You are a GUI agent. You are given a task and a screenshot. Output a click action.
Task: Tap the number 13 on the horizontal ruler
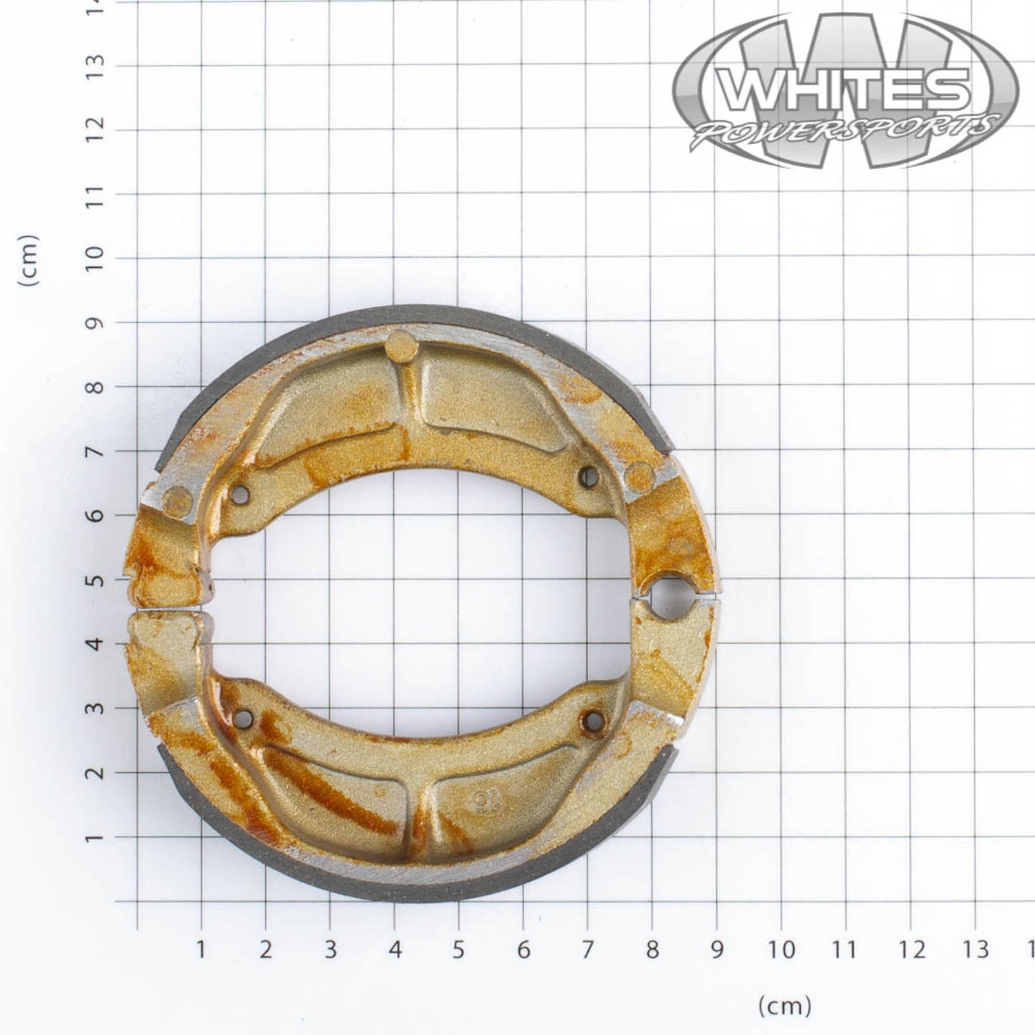[x=976, y=950]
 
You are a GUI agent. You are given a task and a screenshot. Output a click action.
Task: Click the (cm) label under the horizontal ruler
[x=784, y=1006]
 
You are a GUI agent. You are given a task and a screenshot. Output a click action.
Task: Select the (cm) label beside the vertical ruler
[x=30, y=261]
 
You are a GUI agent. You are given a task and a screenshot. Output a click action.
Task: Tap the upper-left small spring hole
[x=241, y=494]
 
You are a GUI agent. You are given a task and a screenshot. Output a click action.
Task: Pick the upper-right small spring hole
[x=589, y=476]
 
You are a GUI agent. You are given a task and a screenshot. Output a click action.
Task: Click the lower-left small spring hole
[x=244, y=718]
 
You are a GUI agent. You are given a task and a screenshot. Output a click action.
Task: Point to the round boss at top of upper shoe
[x=401, y=347]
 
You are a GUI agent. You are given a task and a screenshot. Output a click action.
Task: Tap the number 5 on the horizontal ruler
[x=459, y=950]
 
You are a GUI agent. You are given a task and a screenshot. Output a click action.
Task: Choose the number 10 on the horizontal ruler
[x=783, y=950]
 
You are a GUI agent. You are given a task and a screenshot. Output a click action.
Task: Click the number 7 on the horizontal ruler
[x=587, y=950]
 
